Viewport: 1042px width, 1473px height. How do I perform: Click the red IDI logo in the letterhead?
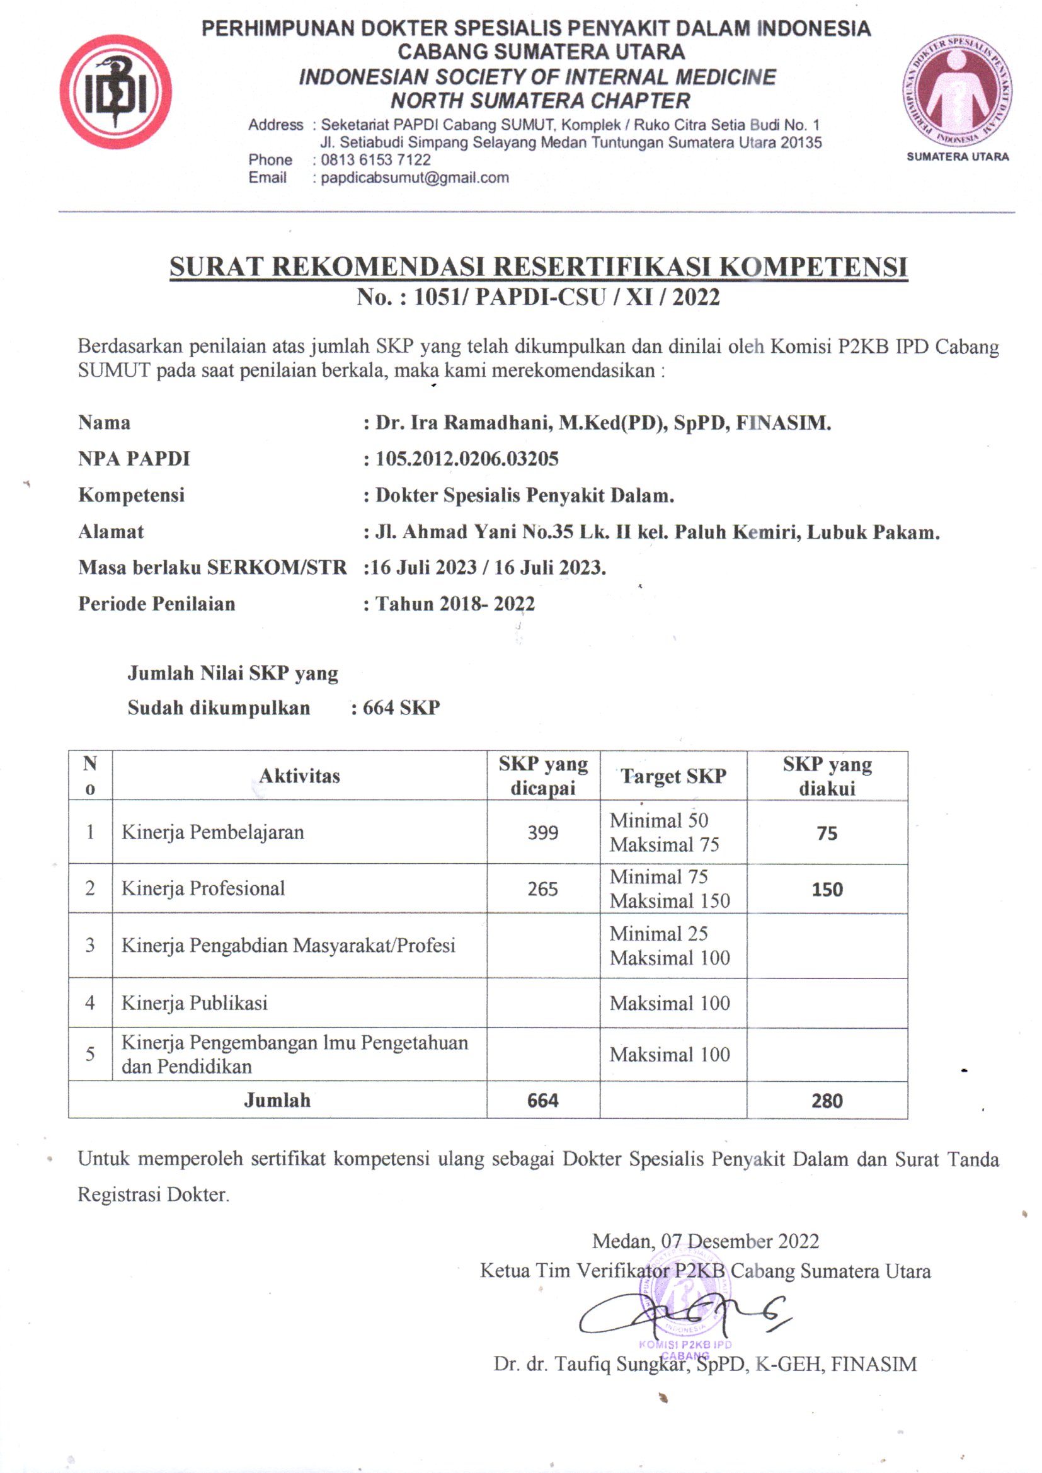[x=115, y=93]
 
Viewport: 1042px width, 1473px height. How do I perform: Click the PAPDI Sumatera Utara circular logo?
[x=957, y=91]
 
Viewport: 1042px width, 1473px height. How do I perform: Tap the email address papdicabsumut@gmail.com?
[x=415, y=178]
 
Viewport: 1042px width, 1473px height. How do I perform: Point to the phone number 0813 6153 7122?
[x=375, y=160]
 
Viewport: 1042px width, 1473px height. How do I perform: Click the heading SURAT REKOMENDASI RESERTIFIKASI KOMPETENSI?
[x=538, y=267]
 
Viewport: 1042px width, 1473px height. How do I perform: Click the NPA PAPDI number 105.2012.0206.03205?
[x=466, y=459]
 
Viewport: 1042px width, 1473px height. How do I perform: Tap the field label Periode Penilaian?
[x=157, y=604]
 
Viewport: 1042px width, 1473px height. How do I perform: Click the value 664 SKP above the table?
[x=401, y=708]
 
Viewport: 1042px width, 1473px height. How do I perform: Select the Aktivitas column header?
[x=299, y=776]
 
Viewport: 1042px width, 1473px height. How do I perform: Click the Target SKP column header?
[x=673, y=776]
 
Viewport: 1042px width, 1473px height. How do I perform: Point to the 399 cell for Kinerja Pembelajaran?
[x=543, y=833]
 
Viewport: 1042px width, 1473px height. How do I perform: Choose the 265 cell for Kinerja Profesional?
[x=543, y=888]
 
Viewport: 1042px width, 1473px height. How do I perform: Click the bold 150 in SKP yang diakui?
[x=827, y=889]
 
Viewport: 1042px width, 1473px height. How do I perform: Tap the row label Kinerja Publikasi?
[x=195, y=1003]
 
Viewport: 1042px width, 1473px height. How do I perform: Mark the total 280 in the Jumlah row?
[x=827, y=1101]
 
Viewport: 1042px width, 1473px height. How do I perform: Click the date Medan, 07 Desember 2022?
[x=705, y=1241]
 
